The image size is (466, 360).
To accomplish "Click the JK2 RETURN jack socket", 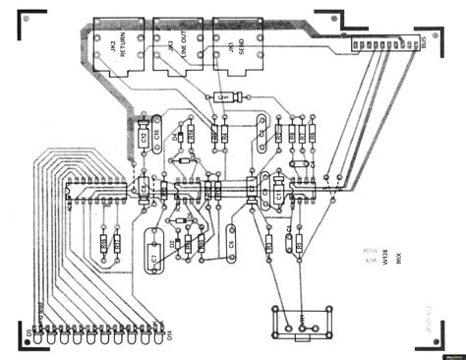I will point(121,45).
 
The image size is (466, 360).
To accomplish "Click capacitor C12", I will point(145,138).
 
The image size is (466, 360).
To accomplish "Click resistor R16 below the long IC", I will point(102,241).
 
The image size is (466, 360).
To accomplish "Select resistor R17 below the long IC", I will point(116,241).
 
